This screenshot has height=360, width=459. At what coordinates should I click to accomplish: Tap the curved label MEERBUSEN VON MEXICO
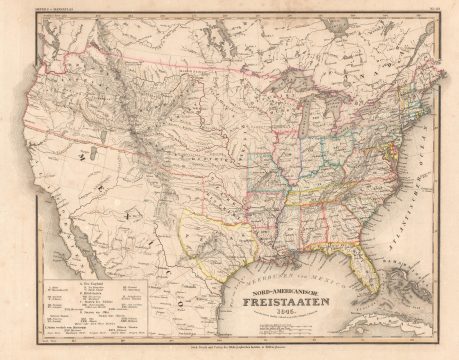tap(290, 266)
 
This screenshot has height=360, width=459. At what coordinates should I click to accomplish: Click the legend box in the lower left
tap(95, 315)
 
